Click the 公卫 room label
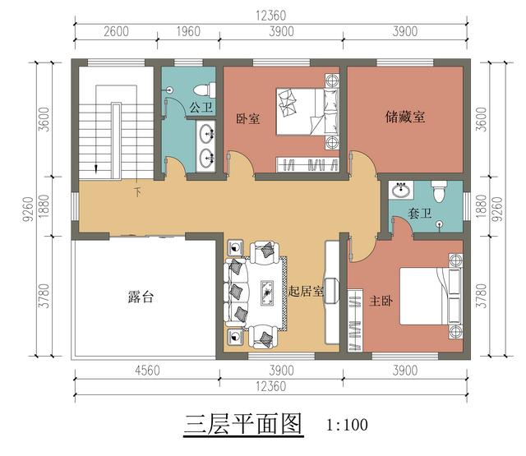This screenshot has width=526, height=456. tap(201, 107)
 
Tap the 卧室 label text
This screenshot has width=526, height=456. tap(247, 118)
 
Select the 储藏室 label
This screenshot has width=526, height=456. tap(405, 117)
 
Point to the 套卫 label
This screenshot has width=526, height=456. tap(420, 213)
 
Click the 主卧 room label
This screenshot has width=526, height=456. tap(381, 300)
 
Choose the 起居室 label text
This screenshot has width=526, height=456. tap(306, 290)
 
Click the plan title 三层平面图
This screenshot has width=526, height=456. tap(243, 424)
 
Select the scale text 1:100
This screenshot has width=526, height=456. tap(346, 426)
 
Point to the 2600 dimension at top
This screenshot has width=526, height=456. tap(116, 32)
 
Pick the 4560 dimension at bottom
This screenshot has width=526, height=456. tap(146, 371)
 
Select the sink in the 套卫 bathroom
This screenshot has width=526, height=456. tap(402, 191)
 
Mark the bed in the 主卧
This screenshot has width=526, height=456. tap(427, 296)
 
